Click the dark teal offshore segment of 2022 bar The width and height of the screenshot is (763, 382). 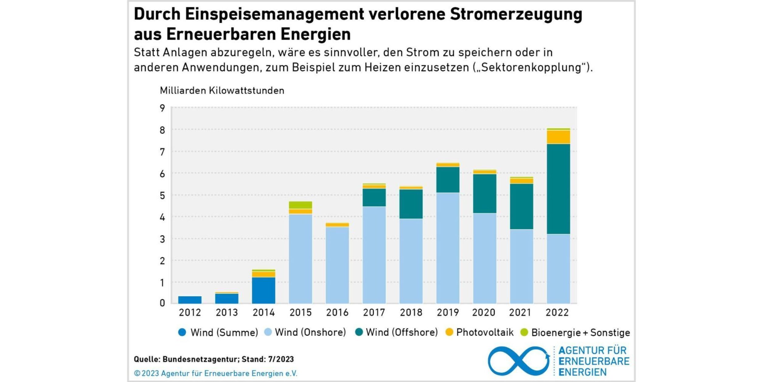[x=558, y=189]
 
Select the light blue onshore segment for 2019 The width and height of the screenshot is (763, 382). [x=448, y=248]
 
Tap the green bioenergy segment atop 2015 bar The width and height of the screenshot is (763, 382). [x=300, y=205]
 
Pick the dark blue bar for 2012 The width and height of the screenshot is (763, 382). [x=190, y=300]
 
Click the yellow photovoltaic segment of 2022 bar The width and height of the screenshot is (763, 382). [x=558, y=137]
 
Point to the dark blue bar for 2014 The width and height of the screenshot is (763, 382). [x=263, y=290]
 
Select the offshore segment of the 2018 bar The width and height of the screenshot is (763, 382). [x=411, y=204]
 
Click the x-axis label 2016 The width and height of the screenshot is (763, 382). [x=337, y=313]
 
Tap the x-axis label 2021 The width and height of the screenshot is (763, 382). [x=520, y=313]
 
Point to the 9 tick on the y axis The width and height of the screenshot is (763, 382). [x=162, y=108]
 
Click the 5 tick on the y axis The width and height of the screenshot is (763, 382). [x=162, y=196]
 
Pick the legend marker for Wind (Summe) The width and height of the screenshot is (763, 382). [x=182, y=332]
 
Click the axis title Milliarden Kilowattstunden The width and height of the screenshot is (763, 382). [x=222, y=90]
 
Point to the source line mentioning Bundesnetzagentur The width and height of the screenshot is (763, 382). [x=214, y=359]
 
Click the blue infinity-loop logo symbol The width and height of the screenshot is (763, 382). [x=519, y=361]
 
